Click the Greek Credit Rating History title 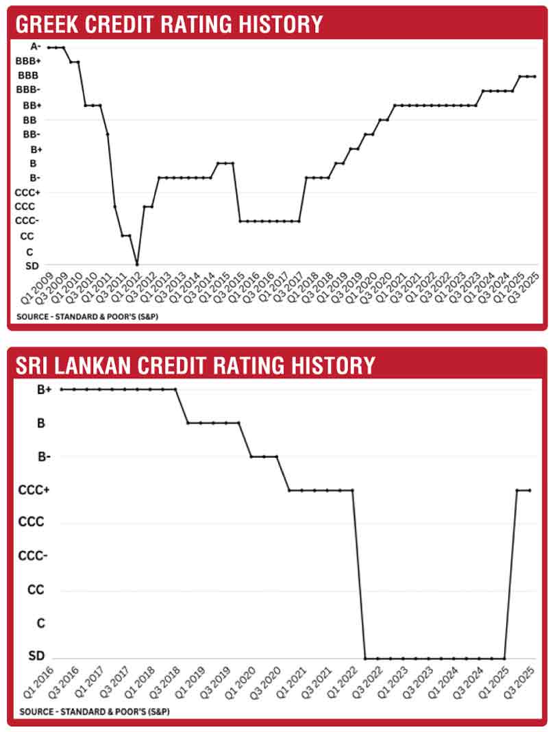[169, 24]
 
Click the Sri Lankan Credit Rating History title [195, 365]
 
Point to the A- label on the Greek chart [36, 46]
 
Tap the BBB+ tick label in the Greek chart [28, 61]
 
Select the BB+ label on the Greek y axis [32, 106]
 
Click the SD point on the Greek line [137, 265]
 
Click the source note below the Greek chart [87, 317]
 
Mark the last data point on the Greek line [534, 77]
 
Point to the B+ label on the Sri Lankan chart [44, 389]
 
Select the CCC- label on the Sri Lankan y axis [33, 556]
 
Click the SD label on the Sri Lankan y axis [36, 656]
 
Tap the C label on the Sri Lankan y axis [40, 623]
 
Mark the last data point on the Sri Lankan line [530, 490]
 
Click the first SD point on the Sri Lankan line [365, 658]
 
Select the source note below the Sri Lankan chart [95, 711]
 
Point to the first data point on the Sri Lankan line [62, 389]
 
